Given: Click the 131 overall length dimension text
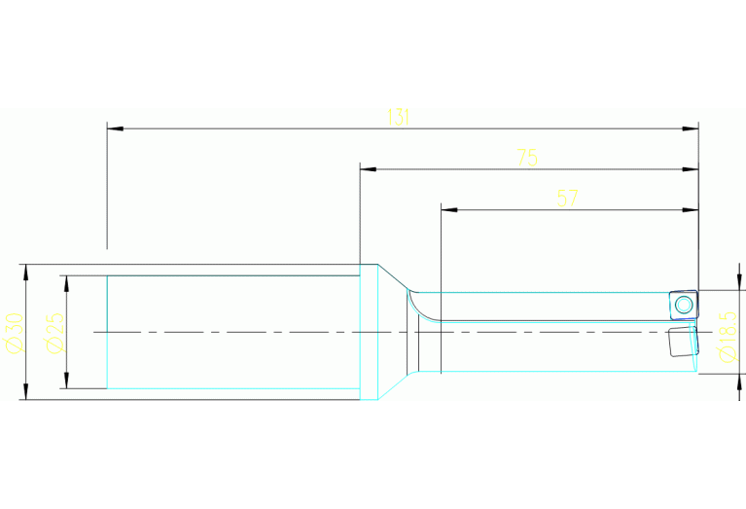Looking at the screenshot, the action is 398,117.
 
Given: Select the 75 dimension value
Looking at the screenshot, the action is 527,158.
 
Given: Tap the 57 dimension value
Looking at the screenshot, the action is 568,199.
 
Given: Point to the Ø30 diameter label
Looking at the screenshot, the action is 15,333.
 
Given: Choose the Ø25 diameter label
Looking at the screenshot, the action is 55,333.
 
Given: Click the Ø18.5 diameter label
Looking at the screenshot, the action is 728,337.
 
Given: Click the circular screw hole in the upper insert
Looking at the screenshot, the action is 684,305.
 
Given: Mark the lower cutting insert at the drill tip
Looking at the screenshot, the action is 683,341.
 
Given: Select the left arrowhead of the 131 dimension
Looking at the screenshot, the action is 115,128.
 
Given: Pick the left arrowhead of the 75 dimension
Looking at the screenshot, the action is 369,169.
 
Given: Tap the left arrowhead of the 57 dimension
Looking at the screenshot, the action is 449,209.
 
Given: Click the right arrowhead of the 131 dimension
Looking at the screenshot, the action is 691,128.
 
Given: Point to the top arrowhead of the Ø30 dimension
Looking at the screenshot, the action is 26,273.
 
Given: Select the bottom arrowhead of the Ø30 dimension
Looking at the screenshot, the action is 26,391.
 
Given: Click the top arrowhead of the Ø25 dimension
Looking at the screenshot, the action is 66,284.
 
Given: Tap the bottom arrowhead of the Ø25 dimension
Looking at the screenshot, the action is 66,380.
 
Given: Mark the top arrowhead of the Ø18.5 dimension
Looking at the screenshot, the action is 739,281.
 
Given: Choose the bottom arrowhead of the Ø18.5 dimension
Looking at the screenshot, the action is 739,382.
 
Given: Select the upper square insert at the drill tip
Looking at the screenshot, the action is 684,305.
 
